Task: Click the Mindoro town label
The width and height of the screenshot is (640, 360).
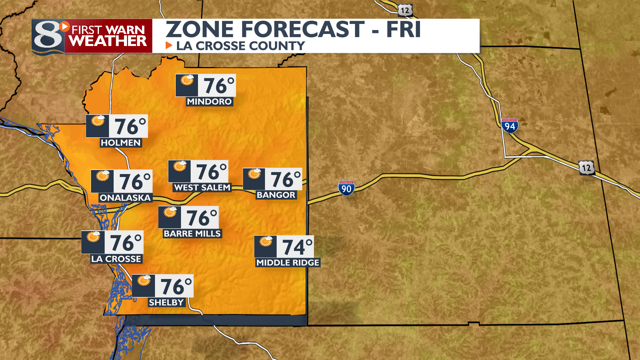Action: pyautogui.click(x=209, y=102)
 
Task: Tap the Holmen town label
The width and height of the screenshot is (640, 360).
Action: pyautogui.click(x=121, y=143)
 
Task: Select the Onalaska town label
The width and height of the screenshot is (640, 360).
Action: pyautogui.click(x=125, y=198)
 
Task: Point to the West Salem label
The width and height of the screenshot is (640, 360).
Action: pyautogui.click(x=202, y=188)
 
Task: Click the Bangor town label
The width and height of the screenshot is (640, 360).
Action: pyautogui.click(x=276, y=195)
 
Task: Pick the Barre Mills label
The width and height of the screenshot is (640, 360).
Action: pyautogui.click(x=192, y=234)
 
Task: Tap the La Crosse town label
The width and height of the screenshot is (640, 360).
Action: pyautogui.click(x=116, y=259)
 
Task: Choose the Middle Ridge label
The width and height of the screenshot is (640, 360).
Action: pyautogui.click(x=288, y=263)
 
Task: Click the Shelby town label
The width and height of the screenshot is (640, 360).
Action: pyautogui.click(x=166, y=303)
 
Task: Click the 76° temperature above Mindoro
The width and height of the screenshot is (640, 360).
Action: pyautogui.click(x=219, y=86)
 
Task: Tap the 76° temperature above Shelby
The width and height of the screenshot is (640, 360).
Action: pyautogui.click(x=176, y=286)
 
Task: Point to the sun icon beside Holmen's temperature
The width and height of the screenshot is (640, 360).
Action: pyautogui.click(x=98, y=121)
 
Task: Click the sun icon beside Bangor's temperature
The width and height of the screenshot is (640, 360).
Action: pyautogui.click(x=255, y=174)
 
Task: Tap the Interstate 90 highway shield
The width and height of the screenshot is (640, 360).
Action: pyautogui.click(x=346, y=188)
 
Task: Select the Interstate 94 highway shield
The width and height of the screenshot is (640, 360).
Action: pyautogui.click(x=510, y=126)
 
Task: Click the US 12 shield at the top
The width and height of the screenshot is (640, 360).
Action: pyautogui.click(x=405, y=10)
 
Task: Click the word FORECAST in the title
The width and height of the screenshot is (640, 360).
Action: pyautogui.click(x=303, y=29)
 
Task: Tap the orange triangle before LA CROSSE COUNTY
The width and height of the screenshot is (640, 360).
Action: pyautogui.click(x=169, y=45)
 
